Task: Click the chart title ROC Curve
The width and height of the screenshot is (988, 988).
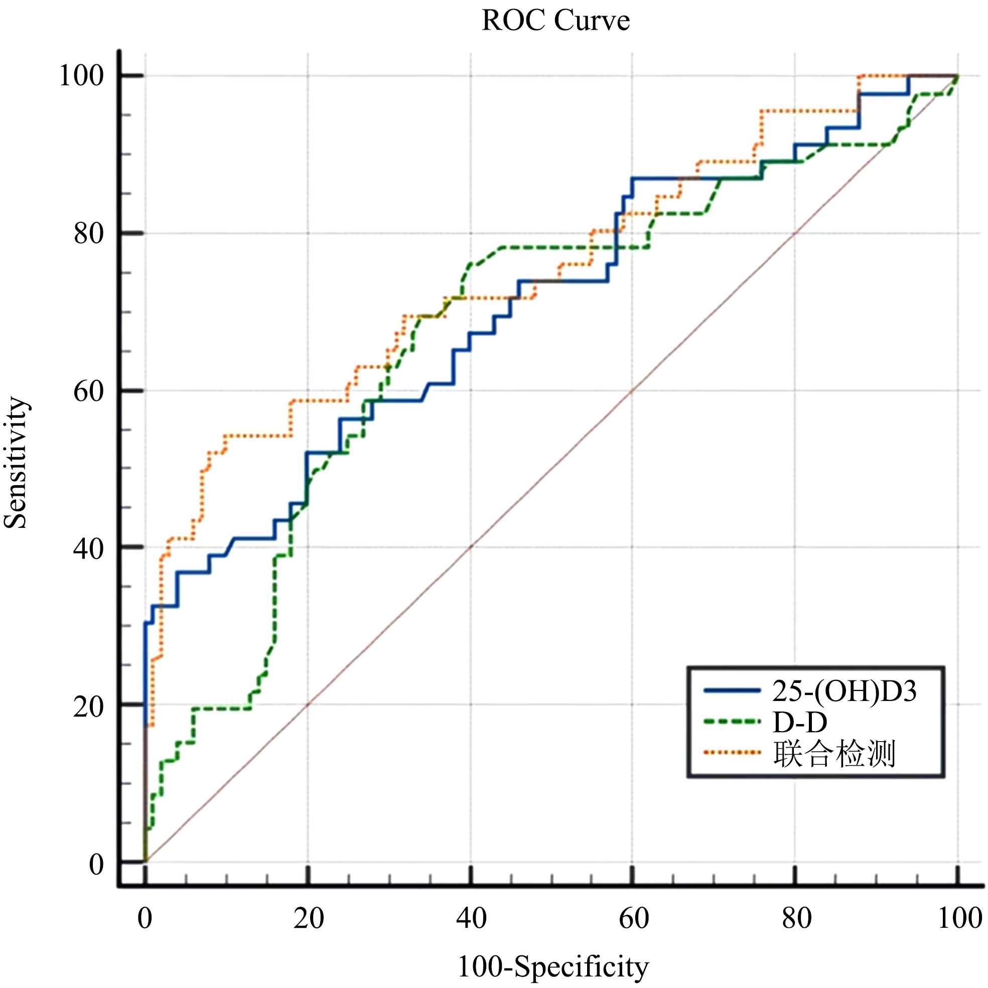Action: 555,22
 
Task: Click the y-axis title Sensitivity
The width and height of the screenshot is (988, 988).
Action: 16,463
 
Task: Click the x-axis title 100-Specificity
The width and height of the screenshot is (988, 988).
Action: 553,967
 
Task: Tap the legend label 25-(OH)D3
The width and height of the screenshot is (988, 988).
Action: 844,691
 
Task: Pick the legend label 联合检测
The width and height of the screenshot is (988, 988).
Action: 834,754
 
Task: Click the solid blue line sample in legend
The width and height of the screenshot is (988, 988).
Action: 732,691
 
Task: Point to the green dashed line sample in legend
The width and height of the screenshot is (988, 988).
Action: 732,722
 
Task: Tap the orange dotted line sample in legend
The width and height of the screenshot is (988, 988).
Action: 732,753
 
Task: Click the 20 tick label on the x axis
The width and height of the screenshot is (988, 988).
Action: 309,918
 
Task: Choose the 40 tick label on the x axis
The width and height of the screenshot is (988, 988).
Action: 471,918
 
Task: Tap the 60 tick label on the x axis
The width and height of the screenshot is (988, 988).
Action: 634,918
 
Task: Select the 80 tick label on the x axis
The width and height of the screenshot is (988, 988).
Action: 796,918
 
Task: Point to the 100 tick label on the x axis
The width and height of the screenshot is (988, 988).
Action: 959,918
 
